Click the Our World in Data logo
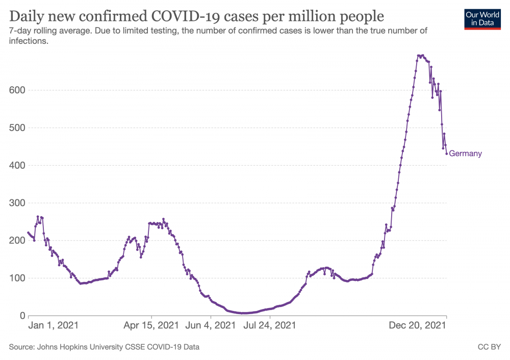tap(482, 18)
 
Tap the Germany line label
tap(465, 153)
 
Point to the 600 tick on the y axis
tap(12, 90)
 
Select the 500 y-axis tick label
tap(12, 128)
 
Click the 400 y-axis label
tap(12, 166)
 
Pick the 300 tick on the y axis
tap(12, 203)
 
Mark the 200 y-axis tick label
tap(12, 241)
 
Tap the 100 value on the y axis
tap(12, 278)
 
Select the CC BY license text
tap(489, 347)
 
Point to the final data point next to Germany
tap(446, 153)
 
